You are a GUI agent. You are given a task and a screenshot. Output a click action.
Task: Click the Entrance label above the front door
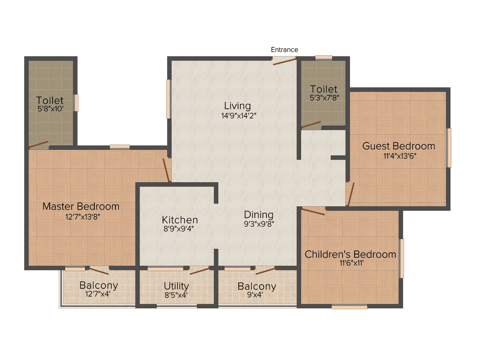(284, 50)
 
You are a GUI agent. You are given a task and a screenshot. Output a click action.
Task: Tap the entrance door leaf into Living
(284, 62)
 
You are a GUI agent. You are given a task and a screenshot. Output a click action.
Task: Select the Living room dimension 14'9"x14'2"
(239, 116)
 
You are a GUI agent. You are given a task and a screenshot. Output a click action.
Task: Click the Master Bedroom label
(81, 206)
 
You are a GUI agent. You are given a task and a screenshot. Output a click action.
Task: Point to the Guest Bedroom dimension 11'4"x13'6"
(400, 156)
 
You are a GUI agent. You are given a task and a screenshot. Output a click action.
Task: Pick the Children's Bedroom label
(350, 254)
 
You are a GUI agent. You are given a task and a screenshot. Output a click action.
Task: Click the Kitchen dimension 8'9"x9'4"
(178, 229)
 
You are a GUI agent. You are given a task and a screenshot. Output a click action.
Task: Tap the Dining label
(259, 215)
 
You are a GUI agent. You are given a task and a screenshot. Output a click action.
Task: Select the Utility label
(176, 286)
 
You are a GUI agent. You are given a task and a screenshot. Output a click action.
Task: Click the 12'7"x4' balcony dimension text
(98, 294)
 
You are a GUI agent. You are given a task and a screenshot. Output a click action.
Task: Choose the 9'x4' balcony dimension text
(255, 295)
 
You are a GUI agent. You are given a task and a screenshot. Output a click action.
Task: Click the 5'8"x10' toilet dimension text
(50, 109)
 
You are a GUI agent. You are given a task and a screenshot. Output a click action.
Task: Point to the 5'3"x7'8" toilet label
(324, 98)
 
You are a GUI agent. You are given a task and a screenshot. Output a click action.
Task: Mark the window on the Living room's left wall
(168, 99)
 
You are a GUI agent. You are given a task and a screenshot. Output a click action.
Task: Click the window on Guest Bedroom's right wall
(449, 148)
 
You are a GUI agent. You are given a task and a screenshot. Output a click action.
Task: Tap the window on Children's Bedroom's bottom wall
(349, 307)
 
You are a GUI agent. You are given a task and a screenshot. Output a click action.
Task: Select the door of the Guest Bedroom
(350, 194)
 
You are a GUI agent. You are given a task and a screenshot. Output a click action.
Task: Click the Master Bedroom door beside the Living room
(166, 170)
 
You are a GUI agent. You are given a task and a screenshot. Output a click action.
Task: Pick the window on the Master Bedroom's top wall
(120, 147)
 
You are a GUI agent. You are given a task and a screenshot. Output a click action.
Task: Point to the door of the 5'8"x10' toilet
(38, 145)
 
